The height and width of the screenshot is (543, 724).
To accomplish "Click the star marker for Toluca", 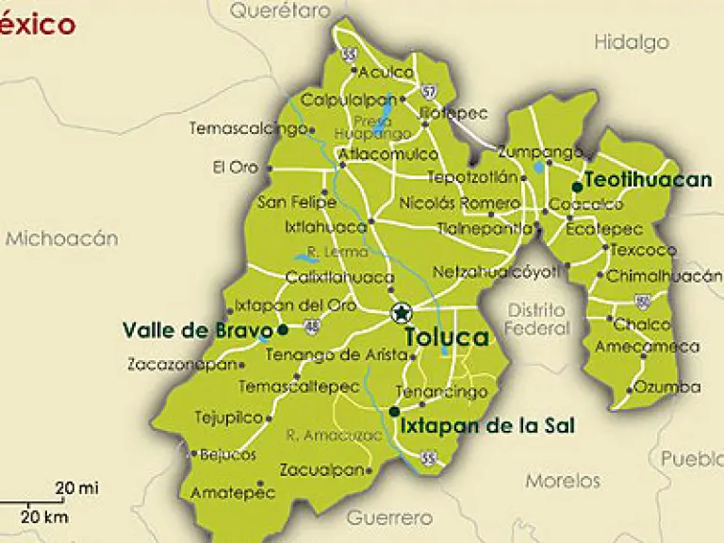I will [402, 313].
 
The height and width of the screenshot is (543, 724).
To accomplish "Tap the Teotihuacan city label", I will [648, 181].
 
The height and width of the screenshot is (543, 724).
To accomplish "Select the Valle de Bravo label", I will [190, 330].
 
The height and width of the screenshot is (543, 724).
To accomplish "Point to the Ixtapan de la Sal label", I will [487, 425].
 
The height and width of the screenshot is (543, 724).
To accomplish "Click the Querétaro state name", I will [281, 10].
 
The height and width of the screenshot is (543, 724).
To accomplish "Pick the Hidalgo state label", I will [632, 41].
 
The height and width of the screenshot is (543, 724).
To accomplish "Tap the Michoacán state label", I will [62, 239].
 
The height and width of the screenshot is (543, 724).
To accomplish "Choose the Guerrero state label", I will [389, 518].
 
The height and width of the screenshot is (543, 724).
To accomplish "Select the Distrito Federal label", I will [537, 320].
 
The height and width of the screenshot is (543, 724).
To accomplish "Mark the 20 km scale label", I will [44, 517].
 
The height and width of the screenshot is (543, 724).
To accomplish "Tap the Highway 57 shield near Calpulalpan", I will [430, 91].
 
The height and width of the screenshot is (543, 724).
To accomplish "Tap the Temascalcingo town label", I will [248, 128].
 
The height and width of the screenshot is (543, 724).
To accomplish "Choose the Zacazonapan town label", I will [179, 364].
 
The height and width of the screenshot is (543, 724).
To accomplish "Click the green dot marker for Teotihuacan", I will [577, 187].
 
